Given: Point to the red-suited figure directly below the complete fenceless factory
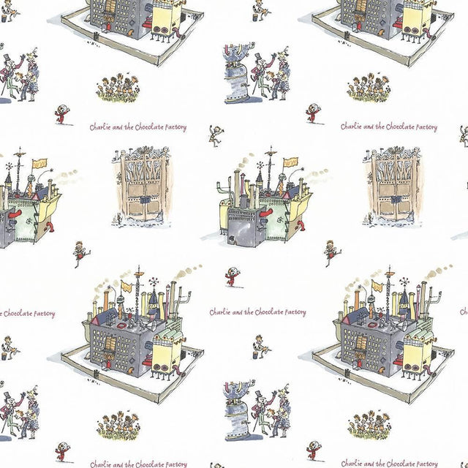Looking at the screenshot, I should click(232, 276).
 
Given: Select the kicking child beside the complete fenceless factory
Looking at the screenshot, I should click(331, 252).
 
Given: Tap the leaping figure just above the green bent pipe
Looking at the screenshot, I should click(216, 135).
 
